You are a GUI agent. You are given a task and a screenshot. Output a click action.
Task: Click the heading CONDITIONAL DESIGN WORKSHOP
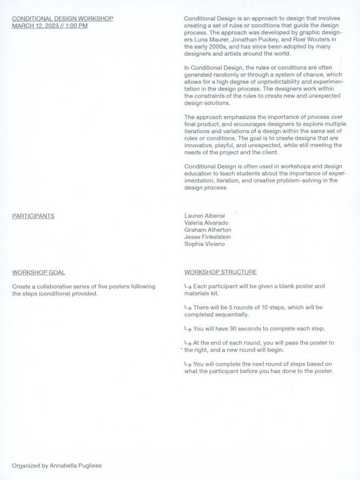click(x=63, y=18)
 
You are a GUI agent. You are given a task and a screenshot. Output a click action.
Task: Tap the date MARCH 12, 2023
click(x=36, y=25)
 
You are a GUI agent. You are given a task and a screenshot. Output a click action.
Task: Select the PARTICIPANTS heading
click(x=33, y=216)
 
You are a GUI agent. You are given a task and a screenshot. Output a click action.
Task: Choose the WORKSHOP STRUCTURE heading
click(x=220, y=272)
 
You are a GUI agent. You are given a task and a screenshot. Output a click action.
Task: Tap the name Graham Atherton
click(x=208, y=230)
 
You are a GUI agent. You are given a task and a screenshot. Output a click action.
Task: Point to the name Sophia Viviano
click(x=205, y=244)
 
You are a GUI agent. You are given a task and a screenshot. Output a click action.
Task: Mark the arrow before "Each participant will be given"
click(x=188, y=286)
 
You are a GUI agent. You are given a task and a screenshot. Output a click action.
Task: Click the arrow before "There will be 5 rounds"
click(x=188, y=307)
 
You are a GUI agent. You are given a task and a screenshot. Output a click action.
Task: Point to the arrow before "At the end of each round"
click(x=188, y=343)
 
